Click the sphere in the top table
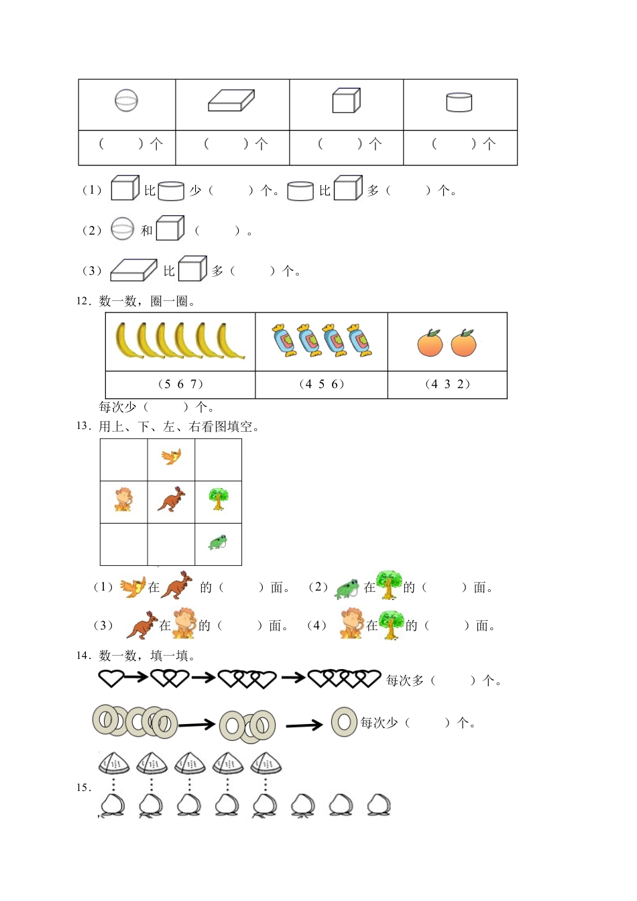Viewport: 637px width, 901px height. pyautogui.click(x=126, y=101)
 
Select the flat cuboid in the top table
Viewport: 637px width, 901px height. pyautogui.click(x=231, y=101)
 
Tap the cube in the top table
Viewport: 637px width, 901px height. pyautogui.click(x=346, y=101)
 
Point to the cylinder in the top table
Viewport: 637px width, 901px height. pyautogui.click(x=459, y=102)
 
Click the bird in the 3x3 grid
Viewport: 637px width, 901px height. pyautogui.click(x=172, y=457)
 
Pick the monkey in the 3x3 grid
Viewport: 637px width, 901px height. pyautogui.click(x=123, y=499)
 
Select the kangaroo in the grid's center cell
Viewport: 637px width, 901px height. pyautogui.click(x=172, y=499)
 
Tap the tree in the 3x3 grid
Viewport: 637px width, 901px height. pyautogui.click(x=218, y=499)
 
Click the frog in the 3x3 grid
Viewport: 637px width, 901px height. pyautogui.click(x=217, y=542)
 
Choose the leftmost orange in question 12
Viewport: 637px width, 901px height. pyautogui.click(x=430, y=343)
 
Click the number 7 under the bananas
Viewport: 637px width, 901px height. pyautogui.click(x=195, y=384)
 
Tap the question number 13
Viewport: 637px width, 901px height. pyautogui.click(x=82, y=426)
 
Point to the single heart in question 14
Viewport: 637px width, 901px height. pyautogui.click(x=111, y=678)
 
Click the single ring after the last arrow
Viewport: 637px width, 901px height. pyautogui.click(x=344, y=722)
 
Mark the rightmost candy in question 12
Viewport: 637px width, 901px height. pyautogui.click(x=359, y=340)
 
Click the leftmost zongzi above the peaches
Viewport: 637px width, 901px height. pyautogui.click(x=114, y=764)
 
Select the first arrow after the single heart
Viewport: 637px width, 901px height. pyautogui.click(x=136, y=678)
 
